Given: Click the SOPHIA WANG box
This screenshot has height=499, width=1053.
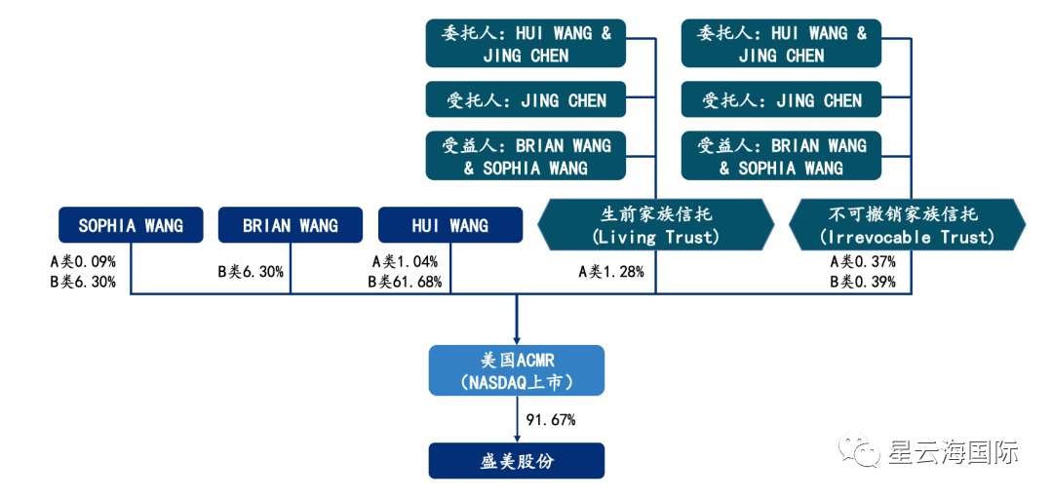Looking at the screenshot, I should click(131, 225).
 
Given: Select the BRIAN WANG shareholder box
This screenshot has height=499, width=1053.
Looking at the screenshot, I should click(291, 225).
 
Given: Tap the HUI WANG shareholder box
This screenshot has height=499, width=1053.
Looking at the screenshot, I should click(449, 225).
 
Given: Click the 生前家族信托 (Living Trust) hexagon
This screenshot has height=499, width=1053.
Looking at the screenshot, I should click(655, 225).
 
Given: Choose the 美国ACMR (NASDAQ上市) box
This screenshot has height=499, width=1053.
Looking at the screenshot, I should click(516, 371).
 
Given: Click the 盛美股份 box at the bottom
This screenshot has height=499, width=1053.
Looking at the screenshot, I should click(516, 461).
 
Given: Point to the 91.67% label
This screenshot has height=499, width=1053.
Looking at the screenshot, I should click(551, 420).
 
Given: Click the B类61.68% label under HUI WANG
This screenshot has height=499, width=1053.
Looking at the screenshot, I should click(405, 282).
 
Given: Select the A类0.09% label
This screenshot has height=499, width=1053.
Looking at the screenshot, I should click(84, 261).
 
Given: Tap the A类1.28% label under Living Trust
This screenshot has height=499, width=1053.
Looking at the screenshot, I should click(611, 272).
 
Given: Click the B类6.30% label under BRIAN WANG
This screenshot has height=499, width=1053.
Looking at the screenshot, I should click(251, 272).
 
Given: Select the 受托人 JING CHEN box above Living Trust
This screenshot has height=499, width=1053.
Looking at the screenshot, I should click(526, 100).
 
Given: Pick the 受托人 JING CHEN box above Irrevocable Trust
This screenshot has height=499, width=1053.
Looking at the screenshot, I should click(781, 100).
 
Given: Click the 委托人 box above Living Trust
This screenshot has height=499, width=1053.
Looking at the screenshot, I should click(526, 44).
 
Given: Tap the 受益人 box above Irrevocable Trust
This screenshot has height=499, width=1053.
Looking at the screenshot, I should click(781, 156).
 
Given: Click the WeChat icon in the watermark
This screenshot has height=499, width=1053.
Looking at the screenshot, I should click(863, 450).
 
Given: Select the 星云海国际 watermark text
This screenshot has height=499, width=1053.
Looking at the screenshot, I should click(954, 452).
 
